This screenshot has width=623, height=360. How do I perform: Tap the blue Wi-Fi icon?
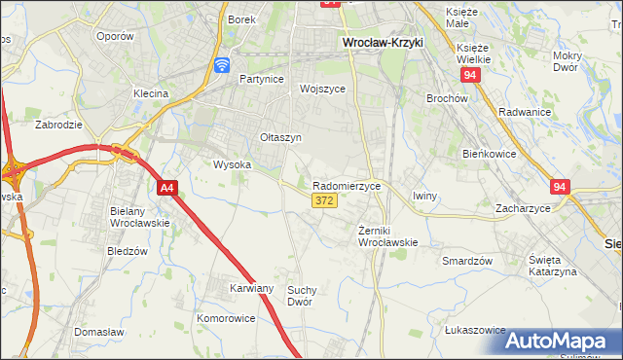[x=222, y=65]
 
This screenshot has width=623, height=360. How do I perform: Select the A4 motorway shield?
[x=166, y=188]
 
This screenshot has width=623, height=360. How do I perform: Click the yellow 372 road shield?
[x=324, y=200]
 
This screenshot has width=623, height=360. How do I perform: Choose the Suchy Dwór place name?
[x=304, y=295]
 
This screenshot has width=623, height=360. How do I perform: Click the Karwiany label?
[x=252, y=289]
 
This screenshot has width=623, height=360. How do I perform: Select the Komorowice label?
[x=226, y=318]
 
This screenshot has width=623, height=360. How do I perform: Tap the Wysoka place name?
[x=232, y=164]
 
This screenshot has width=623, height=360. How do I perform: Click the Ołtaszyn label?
[x=280, y=138]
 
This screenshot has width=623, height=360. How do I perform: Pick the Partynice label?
[x=260, y=80]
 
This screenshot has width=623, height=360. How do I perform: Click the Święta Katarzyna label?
[x=552, y=266]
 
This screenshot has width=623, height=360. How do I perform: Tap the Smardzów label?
[x=467, y=262]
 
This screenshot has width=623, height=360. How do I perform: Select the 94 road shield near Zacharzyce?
[x=559, y=186]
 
